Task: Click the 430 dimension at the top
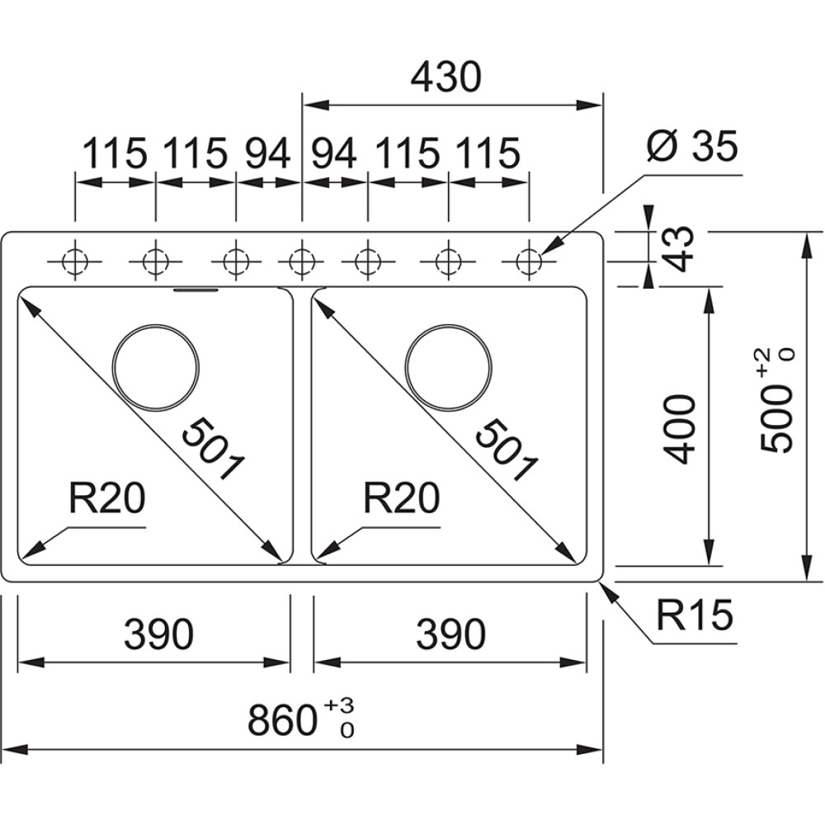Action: (445, 78)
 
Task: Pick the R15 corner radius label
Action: (695, 615)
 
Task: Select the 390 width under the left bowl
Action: (158, 634)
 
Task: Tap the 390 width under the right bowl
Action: (450, 634)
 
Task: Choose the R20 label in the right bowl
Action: (402, 499)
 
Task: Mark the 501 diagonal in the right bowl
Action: (503, 450)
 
